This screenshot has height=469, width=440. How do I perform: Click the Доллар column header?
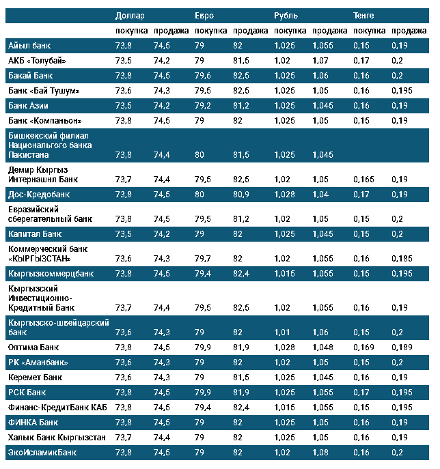pos(130,15)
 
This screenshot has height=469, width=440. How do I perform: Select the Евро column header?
pos(204,15)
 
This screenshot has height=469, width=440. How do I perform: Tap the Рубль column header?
pos(286,15)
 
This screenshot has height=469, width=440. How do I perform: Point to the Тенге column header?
pos(363,15)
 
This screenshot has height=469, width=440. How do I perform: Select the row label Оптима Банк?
pos(33,347)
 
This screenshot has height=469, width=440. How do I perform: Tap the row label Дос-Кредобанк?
pos(38,194)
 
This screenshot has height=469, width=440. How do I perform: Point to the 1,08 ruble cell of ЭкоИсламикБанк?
pos(320,452)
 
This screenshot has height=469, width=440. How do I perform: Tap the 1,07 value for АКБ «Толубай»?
pos(320,60)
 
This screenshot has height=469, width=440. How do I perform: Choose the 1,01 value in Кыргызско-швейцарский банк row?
pos(282,332)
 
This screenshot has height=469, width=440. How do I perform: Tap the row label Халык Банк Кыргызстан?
pos(57,437)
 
